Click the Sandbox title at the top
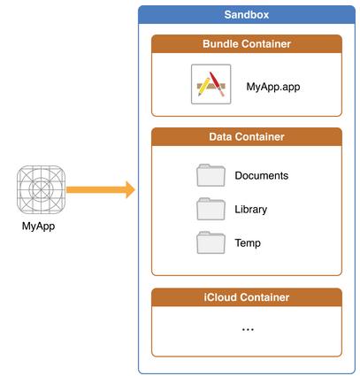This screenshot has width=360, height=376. (x=247, y=14)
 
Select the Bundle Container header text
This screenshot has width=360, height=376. (x=247, y=44)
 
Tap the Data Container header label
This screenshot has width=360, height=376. (x=247, y=137)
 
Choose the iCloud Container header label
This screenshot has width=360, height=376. (x=247, y=297)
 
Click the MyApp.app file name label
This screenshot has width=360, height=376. (x=273, y=87)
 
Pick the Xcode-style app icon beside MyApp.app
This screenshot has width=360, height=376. (x=211, y=84)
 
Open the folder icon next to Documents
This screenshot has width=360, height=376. (x=211, y=175)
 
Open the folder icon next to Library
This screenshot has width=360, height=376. (x=211, y=209)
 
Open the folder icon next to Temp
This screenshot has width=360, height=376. (x=211, y=242)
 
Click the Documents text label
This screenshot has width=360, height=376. (x=262, y=176)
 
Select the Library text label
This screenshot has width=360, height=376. (x=251, y=210)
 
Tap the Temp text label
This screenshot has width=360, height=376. (x=248, y=243)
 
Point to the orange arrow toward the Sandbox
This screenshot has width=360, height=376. (x=101, y=189)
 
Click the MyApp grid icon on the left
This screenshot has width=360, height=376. (x=41, y=189)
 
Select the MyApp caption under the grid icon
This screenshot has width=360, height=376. (x=38, y=226)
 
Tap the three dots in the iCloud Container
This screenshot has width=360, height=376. (x=248, y=329)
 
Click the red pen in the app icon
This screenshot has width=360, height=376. (x=217, y=84)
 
